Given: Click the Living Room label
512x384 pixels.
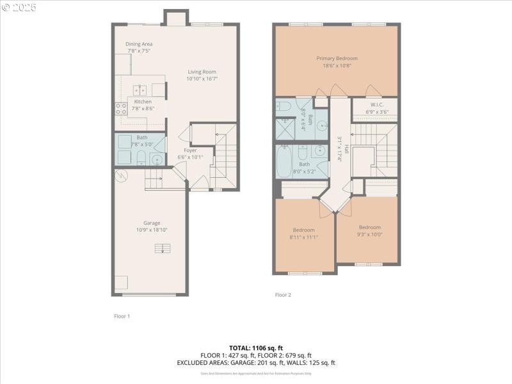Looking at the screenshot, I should pos(202,72).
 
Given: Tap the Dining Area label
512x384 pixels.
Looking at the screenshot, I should pos(139,44).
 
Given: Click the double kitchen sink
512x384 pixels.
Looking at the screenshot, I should pos(140,90).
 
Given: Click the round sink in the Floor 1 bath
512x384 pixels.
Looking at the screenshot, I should pos(156,159).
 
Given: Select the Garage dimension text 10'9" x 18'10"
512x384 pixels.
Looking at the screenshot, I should pos(152,230).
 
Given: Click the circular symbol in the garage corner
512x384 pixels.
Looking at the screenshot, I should pos(120,175).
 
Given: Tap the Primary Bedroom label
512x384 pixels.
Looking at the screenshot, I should pos(337,58).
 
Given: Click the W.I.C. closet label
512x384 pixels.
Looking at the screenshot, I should pos(376,105).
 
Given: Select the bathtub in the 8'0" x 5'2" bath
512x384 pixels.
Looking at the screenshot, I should pos(284,163).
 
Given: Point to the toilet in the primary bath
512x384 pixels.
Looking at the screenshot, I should pos(284,106).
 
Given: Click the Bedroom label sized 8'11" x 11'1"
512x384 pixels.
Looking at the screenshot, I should pos(304,230).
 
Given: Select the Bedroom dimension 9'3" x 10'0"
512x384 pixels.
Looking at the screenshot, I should pos(369,234).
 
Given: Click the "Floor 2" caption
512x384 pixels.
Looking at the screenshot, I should pos(283,295).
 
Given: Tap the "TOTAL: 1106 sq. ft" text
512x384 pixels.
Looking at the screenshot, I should pos(256,348).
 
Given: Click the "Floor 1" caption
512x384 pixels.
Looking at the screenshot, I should pos(122,316).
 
